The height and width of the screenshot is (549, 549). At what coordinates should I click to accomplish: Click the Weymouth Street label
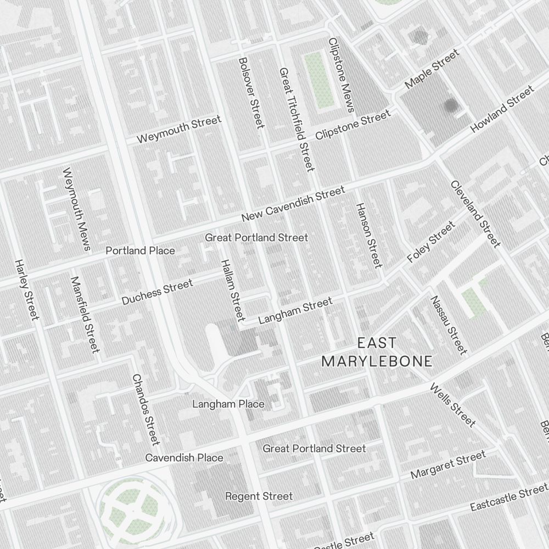coord(179,130)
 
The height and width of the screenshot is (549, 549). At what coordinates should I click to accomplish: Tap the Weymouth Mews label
coord(76,209)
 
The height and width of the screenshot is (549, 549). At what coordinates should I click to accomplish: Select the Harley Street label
coord(27,289)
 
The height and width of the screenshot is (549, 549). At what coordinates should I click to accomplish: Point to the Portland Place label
coord(140,251)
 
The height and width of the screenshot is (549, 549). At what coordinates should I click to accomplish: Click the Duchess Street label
coord(157,292)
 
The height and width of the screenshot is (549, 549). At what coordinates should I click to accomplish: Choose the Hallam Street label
coord(232,289)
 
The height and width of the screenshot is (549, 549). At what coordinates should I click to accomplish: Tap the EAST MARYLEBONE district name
coord(377,352)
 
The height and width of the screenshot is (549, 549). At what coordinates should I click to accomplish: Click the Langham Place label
coord(228,404)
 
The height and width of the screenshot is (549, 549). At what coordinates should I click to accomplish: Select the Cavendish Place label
coord(184,458)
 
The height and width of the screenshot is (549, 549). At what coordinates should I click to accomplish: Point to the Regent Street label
coord(259,496)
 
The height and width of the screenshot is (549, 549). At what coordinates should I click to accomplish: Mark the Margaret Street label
coord(448,464)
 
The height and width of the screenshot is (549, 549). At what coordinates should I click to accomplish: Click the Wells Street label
coord(452,405)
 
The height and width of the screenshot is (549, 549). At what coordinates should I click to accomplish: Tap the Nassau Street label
coord(449,325)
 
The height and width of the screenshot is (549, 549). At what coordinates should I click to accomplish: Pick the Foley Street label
coord(431,242)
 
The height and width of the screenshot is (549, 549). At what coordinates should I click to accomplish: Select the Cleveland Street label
coord(475,214)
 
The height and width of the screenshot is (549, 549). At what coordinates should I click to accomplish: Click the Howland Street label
coord(502,109)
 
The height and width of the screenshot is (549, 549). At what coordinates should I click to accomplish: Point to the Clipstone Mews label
coord(340,74)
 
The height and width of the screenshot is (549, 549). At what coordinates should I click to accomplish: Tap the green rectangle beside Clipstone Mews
coord(320,80)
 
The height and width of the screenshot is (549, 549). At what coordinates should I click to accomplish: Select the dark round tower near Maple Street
coord(451,105)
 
